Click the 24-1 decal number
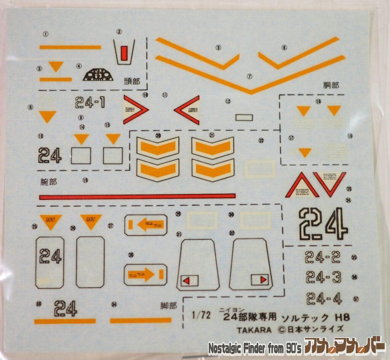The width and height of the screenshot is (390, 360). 90,102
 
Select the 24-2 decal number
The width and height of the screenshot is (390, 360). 323,258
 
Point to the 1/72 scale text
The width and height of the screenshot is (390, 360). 201,315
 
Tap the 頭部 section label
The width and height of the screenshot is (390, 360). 132,81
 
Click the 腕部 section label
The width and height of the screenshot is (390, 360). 48,182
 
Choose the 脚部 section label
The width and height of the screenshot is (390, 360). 168,306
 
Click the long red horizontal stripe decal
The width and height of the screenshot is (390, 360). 137,196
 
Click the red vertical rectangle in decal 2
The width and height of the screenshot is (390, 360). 124,53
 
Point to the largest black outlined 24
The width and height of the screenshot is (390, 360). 323,224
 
